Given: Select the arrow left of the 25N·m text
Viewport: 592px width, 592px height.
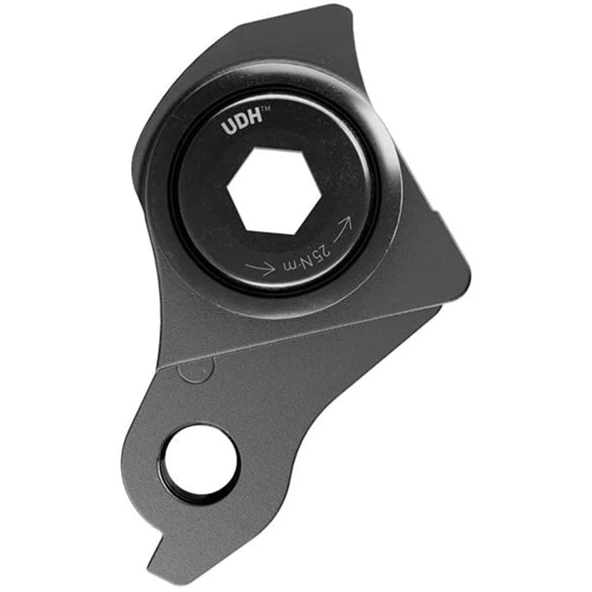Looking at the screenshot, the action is pos(260,267).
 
